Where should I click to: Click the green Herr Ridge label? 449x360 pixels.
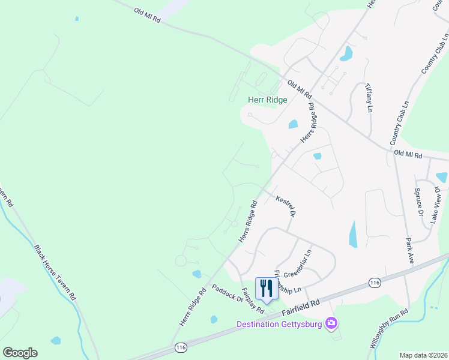[268, 100]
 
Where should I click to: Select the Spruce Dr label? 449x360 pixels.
[420, 204]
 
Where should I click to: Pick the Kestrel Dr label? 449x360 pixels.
[286, 206]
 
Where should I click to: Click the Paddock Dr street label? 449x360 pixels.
[227, 291]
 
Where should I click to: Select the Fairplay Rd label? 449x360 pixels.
[253, 301]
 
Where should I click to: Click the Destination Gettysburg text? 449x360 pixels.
[279, 325]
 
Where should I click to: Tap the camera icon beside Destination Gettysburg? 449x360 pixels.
[331, 324]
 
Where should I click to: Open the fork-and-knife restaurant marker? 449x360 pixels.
[265, 288]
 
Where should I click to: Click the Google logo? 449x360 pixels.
[20, 353]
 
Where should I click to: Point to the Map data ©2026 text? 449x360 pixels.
[423, 355]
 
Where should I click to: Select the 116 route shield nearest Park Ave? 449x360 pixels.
[375, 283]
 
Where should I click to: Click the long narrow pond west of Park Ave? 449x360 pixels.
[353, 233]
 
